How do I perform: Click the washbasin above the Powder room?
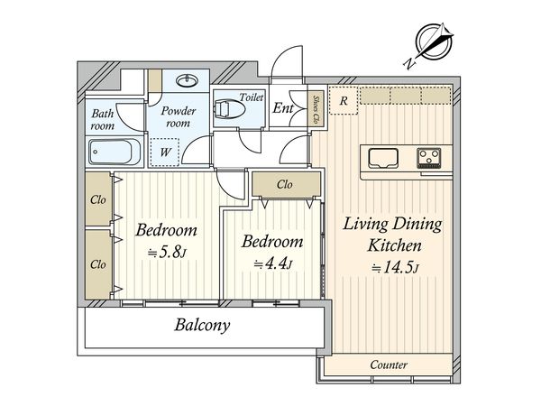point(187,81)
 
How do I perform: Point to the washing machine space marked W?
point(165,152)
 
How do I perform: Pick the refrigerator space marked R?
point(344,101)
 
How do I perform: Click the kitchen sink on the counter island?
point(382,158)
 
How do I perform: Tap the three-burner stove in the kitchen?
point(429,158)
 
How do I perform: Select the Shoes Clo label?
point(316,109)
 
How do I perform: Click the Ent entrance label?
point(283,108)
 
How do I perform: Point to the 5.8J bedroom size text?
point(167,253)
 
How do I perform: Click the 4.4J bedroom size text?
point(273,264)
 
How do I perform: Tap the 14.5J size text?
point(395,268)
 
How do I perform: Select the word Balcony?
point(202,325)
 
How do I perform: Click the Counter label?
point(389,364)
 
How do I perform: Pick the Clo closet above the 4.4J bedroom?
point(286,184)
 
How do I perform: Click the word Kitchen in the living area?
point(394,245)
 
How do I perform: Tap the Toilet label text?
point(252,97)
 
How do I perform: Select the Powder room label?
point(178,116)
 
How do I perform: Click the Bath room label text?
point(103,119)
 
